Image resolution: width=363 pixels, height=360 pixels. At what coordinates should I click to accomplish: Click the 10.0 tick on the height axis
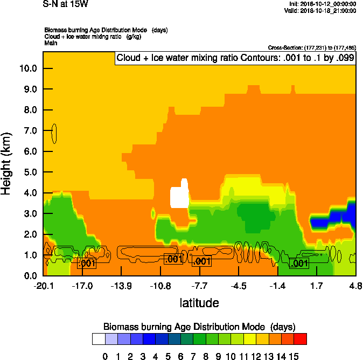27,68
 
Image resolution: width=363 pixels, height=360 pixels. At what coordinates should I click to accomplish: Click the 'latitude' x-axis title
199,303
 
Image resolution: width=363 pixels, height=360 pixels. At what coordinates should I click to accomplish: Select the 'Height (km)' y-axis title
7,164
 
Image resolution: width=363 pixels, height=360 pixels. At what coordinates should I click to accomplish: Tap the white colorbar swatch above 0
98,338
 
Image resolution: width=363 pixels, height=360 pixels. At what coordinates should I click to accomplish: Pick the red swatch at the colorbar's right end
301,338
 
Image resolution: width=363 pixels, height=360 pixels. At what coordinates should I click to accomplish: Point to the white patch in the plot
179,196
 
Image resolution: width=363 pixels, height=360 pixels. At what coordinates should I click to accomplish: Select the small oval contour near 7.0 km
54,133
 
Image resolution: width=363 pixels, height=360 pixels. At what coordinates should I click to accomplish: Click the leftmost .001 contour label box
87,263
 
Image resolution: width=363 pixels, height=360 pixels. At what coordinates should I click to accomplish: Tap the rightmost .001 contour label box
299,263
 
